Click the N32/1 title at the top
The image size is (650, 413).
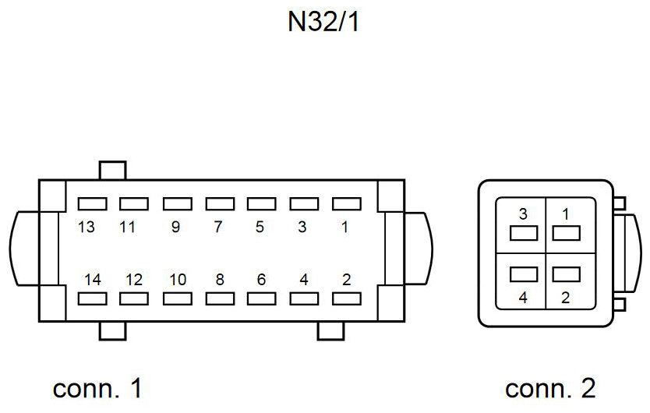click(x=323, y=23)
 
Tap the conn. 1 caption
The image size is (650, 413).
click(x=97, y=387)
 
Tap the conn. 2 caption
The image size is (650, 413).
click(x=550, y=387)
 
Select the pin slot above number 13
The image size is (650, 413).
click(x=92, y=203)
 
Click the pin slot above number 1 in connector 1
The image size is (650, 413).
click(x=347, y=203)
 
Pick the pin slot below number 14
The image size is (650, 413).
click(x=92, y=298)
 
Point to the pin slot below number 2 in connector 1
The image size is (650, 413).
click(x=347, y=298)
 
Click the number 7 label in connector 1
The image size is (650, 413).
click(x=219, y=228)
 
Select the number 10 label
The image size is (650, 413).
click(x=177, y=279)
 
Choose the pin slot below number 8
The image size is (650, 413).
click(x=219, y=298)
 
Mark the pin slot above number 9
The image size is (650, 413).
click(x=177, y=203)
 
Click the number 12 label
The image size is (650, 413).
click(x=134, y=279)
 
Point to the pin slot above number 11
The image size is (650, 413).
click(x=134, y=203)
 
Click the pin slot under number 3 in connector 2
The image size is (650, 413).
click(x=523, y=232)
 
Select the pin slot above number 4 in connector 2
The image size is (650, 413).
click(x=523, y=274)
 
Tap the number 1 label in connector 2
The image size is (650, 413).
click(x=565, y=214)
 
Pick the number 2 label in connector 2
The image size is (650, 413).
click(x=565, y=297)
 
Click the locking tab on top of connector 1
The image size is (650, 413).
click(x=113, y=171)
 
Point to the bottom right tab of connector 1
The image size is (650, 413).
click(x=330, y=331)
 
